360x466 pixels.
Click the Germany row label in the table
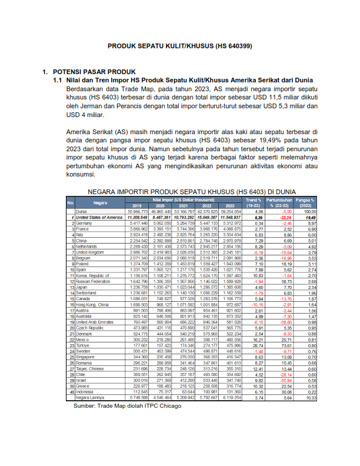(84, 224)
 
